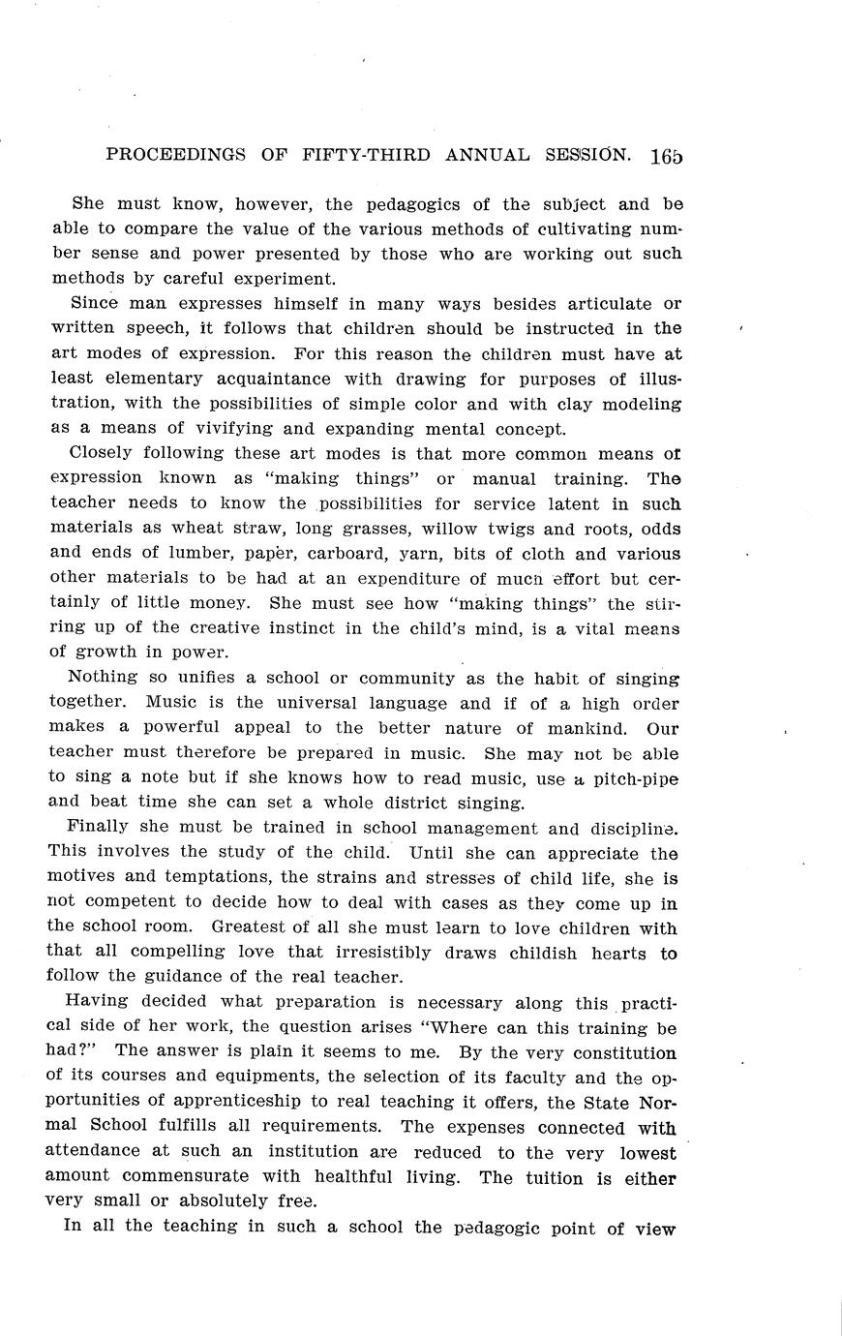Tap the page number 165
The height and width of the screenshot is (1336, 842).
coord(667,155)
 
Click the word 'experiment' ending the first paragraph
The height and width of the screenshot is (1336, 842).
coord(282,279)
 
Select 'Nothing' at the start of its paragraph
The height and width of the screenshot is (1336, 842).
coord(104,679)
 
